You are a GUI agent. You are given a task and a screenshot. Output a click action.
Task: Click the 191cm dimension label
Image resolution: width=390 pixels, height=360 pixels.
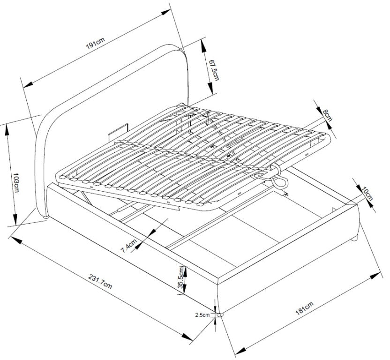(96, 43)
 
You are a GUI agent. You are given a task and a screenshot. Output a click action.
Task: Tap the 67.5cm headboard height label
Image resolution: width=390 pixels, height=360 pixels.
(214, 70)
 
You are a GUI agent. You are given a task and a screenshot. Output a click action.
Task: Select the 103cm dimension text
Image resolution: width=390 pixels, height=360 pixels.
(16, 183)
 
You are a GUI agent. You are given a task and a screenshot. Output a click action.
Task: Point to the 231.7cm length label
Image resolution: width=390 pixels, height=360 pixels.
(100, 281)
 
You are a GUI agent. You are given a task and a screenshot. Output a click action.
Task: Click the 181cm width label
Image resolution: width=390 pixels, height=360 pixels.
(304, 308)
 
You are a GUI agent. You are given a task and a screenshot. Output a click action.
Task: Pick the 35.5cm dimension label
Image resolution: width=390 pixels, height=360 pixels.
(182, 277)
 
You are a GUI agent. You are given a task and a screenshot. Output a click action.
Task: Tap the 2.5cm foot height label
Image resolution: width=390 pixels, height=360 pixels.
(202, 315)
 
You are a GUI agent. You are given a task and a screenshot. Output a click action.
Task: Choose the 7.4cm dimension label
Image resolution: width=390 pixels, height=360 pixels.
(129, 246)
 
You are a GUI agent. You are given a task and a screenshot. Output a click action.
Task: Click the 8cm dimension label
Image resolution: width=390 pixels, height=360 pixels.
(327, 115)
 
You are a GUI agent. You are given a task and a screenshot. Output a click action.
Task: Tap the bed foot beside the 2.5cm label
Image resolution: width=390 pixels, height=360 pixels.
(220, 315)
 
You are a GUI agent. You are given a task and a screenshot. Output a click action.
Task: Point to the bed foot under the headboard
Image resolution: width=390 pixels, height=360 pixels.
(45, 217)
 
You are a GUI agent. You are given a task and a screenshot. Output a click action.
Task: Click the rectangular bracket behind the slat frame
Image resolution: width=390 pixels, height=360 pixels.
(118, 133)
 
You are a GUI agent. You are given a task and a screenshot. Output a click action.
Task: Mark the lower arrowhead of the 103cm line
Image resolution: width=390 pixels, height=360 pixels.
(15, 219)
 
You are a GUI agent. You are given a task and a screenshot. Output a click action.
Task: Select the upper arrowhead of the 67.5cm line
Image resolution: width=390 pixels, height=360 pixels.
(203, 46)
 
